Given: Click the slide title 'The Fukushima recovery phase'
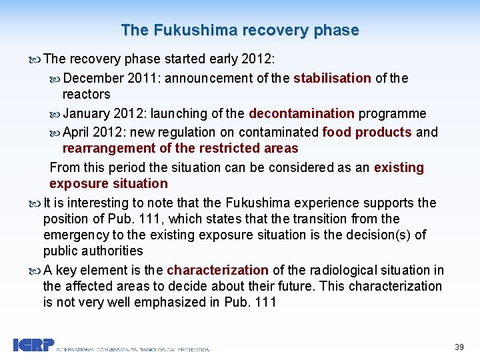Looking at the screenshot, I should click(x=240, y=30).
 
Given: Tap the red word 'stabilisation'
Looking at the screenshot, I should click(x=332, y=78).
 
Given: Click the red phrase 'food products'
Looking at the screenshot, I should click(x=367, y=132).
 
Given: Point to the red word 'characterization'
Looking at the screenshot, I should click(x=217, y=270).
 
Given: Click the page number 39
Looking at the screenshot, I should click(x=459, y=347).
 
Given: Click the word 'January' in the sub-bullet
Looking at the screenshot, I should click(x=88, y=113).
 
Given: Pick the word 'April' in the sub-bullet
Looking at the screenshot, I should click(x=76, y=132).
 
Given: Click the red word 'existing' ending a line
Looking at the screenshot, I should click(x=399, y=167).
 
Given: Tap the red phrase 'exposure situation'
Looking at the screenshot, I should click(x=109, y=183).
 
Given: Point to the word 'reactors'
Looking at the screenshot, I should click(x=86, y=94).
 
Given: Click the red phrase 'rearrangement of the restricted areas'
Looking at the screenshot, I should click(x=180, y=148).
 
